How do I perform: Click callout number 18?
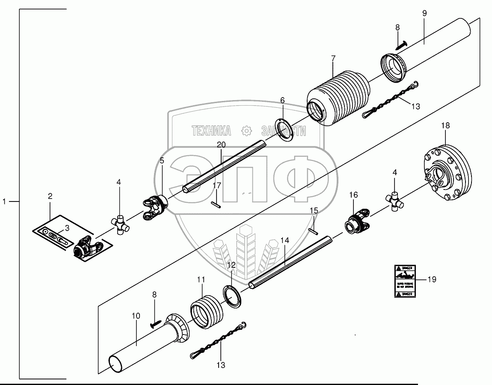coord(445,125)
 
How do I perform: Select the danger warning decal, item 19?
coord(404,281)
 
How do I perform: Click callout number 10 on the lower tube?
coord(136,316)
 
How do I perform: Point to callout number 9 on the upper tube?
coord(424,13)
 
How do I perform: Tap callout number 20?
coord(221,145)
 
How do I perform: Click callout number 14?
coord(285,240)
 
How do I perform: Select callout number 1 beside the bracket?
coord(5,201)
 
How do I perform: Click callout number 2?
coord(50,196)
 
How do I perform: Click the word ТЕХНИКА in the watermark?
coord(211,130)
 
